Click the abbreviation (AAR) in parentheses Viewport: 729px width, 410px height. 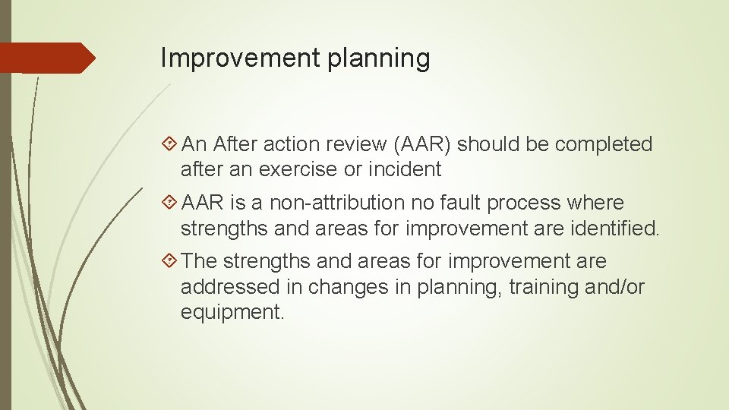click(x=418, y=144)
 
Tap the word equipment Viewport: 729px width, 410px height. click(x=232, y=312)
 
